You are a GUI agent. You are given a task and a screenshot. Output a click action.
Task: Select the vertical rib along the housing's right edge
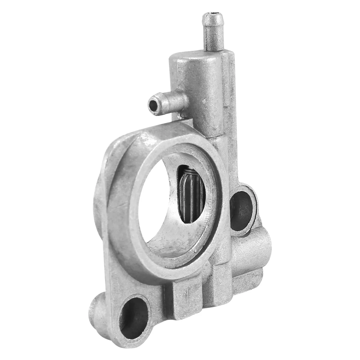tap(232, 120)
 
